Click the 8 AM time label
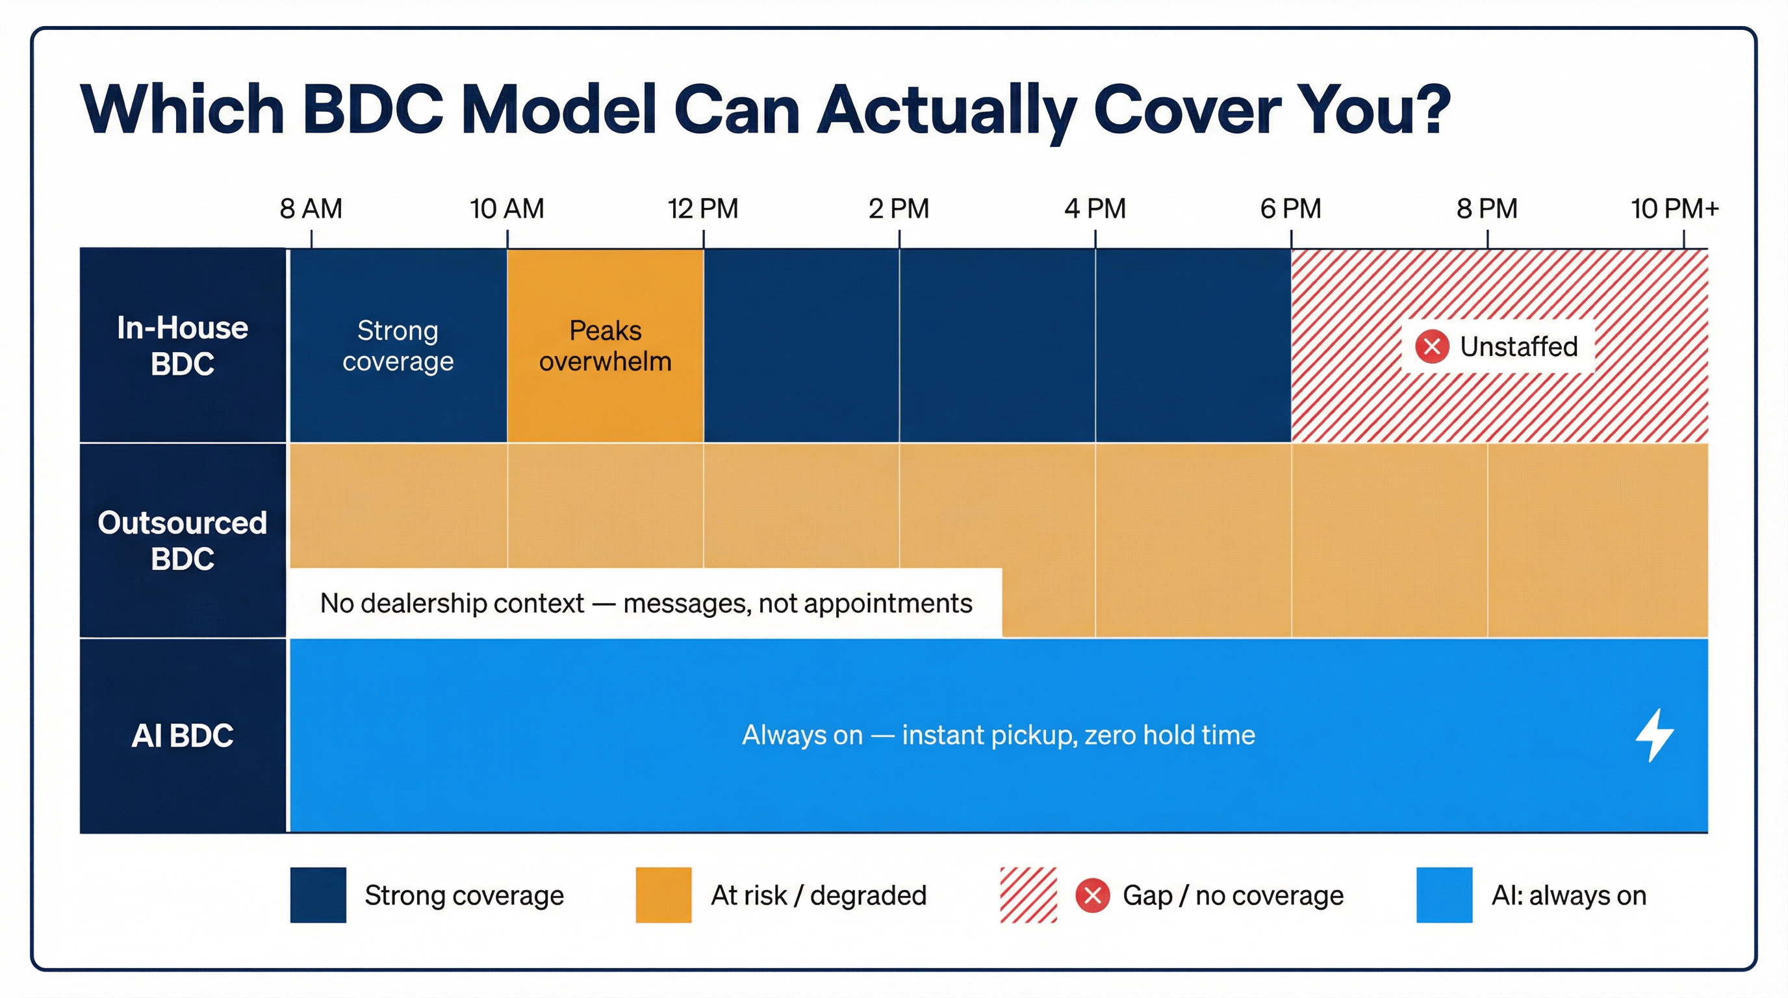(311, 208)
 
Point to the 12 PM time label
(702, 208)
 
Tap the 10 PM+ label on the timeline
(1674, 208)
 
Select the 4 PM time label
(1095, 208)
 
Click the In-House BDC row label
(183, 346)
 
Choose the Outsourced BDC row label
(183, 541)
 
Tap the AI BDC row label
(183, 736)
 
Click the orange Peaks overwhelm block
(606, 346)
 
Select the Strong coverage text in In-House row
(398, 346)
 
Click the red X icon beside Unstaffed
(1432, 346)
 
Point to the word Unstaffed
(1518, 346)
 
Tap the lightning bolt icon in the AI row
(1655, 735)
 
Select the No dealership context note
(646, 603)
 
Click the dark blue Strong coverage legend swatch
(318, 895)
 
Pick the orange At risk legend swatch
(663, 895)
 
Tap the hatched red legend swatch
(1028, 895)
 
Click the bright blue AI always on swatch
(1444, 895)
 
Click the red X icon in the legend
(1093, 895)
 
